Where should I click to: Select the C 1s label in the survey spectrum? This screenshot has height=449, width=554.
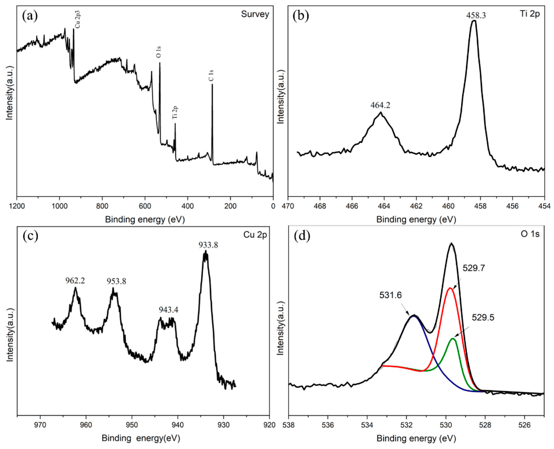212,75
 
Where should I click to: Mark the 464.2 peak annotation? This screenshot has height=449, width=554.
380,105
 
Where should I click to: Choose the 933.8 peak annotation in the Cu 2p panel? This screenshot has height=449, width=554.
208,245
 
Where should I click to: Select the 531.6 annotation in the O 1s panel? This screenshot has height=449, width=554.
390,295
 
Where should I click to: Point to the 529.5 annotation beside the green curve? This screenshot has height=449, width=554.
483,317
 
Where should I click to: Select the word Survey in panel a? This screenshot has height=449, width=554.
255,14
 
